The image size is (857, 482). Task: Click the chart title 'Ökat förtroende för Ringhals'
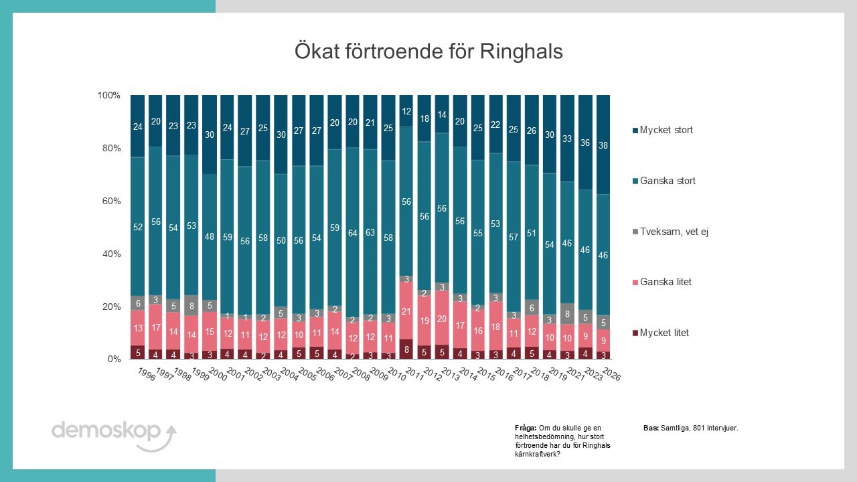(x=428, y=52)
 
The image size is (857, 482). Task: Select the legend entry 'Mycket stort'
(x=663, y=130)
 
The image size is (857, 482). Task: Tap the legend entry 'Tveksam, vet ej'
(x=670, y=232)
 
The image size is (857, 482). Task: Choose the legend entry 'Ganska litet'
(x=662, y=282)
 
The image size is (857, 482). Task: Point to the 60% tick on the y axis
(x=111, y=202)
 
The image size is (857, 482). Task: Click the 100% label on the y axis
(x=109, y=95)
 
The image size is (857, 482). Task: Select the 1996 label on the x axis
(x=147, y=374)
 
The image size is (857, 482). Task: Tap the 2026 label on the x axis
(x=611, y=374)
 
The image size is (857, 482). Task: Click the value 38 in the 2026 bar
(x=603, y=145)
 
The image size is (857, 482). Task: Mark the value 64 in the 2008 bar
(x=352, y=233)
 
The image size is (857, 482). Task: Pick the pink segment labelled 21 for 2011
(x=406, y=311)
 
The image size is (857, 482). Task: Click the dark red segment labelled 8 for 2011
(x=406, y=349)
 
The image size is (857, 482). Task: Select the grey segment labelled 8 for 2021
(x=567, y=314)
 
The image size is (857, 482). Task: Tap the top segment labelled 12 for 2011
(x=406, y=111)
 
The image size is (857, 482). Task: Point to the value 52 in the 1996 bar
(x=138, y=227)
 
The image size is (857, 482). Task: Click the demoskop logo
(x=114, y=435)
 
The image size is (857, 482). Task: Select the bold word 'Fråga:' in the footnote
(x=526, y=428)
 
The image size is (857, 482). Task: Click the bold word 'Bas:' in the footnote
(x=651, y=428)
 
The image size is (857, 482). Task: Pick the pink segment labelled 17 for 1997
(x=155, y=327)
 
